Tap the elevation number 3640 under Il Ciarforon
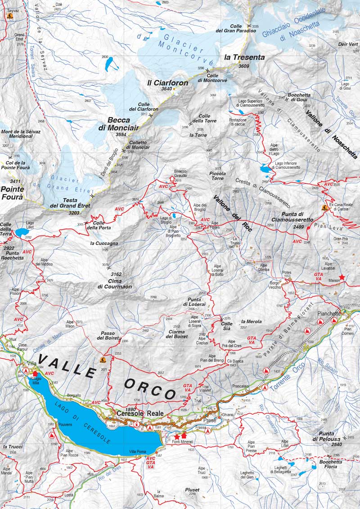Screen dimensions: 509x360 166,89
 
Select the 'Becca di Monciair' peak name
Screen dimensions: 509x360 118,124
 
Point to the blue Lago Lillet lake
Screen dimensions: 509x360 20,233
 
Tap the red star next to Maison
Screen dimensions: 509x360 342,277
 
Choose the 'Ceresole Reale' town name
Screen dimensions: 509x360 134,414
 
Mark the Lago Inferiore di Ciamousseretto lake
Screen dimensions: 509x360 265,169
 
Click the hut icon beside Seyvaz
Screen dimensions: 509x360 9,16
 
